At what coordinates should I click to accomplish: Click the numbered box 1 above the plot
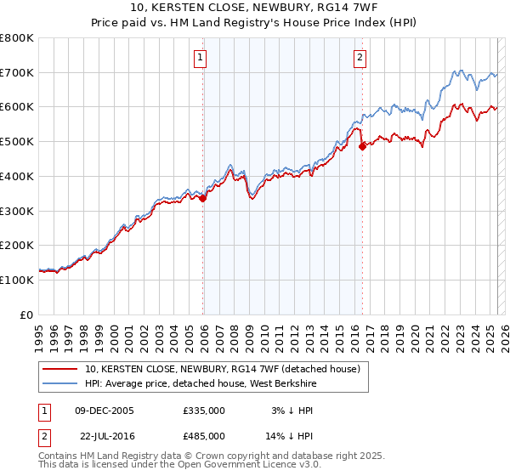200,58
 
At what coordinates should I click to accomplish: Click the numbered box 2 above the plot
360,58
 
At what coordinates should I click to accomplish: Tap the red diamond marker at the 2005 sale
203,199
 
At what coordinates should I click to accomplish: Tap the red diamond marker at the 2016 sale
363,146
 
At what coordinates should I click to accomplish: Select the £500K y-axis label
17,142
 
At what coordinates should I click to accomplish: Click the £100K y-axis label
17,280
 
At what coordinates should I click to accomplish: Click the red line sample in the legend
59,369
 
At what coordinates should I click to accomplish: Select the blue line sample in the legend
59,383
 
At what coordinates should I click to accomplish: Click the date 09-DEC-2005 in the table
105,411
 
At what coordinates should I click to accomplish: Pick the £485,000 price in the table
204,435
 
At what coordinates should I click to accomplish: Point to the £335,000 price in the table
204,411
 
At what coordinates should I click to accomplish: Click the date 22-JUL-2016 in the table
105,435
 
